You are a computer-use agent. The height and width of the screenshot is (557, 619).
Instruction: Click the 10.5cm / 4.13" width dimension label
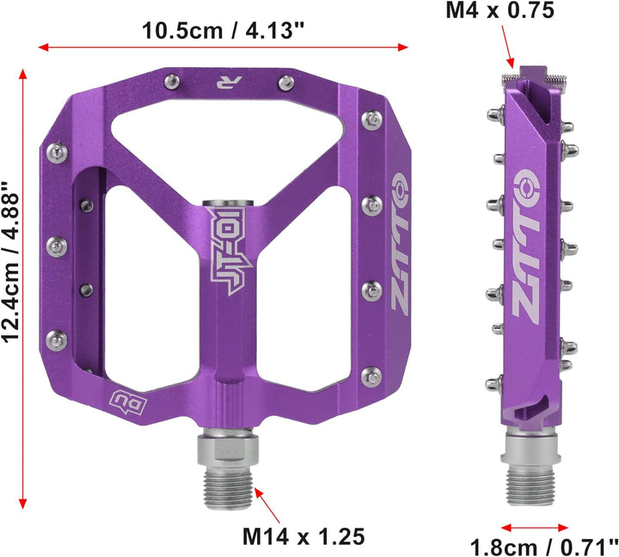click(223, 30)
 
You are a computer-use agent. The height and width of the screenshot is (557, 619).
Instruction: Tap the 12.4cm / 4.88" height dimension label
click(10, 261)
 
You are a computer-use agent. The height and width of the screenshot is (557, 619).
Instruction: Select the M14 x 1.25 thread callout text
click(303, 536)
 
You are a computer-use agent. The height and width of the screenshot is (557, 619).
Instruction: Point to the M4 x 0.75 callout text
click(499, 10)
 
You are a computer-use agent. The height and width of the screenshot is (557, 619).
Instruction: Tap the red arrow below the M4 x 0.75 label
click(508, 46)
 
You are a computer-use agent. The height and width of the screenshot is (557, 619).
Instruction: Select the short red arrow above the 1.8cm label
click(535, 528)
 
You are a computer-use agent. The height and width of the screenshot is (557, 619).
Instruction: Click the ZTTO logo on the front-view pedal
click(399, 242)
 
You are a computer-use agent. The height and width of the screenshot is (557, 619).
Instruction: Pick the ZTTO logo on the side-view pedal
click(526, 247)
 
